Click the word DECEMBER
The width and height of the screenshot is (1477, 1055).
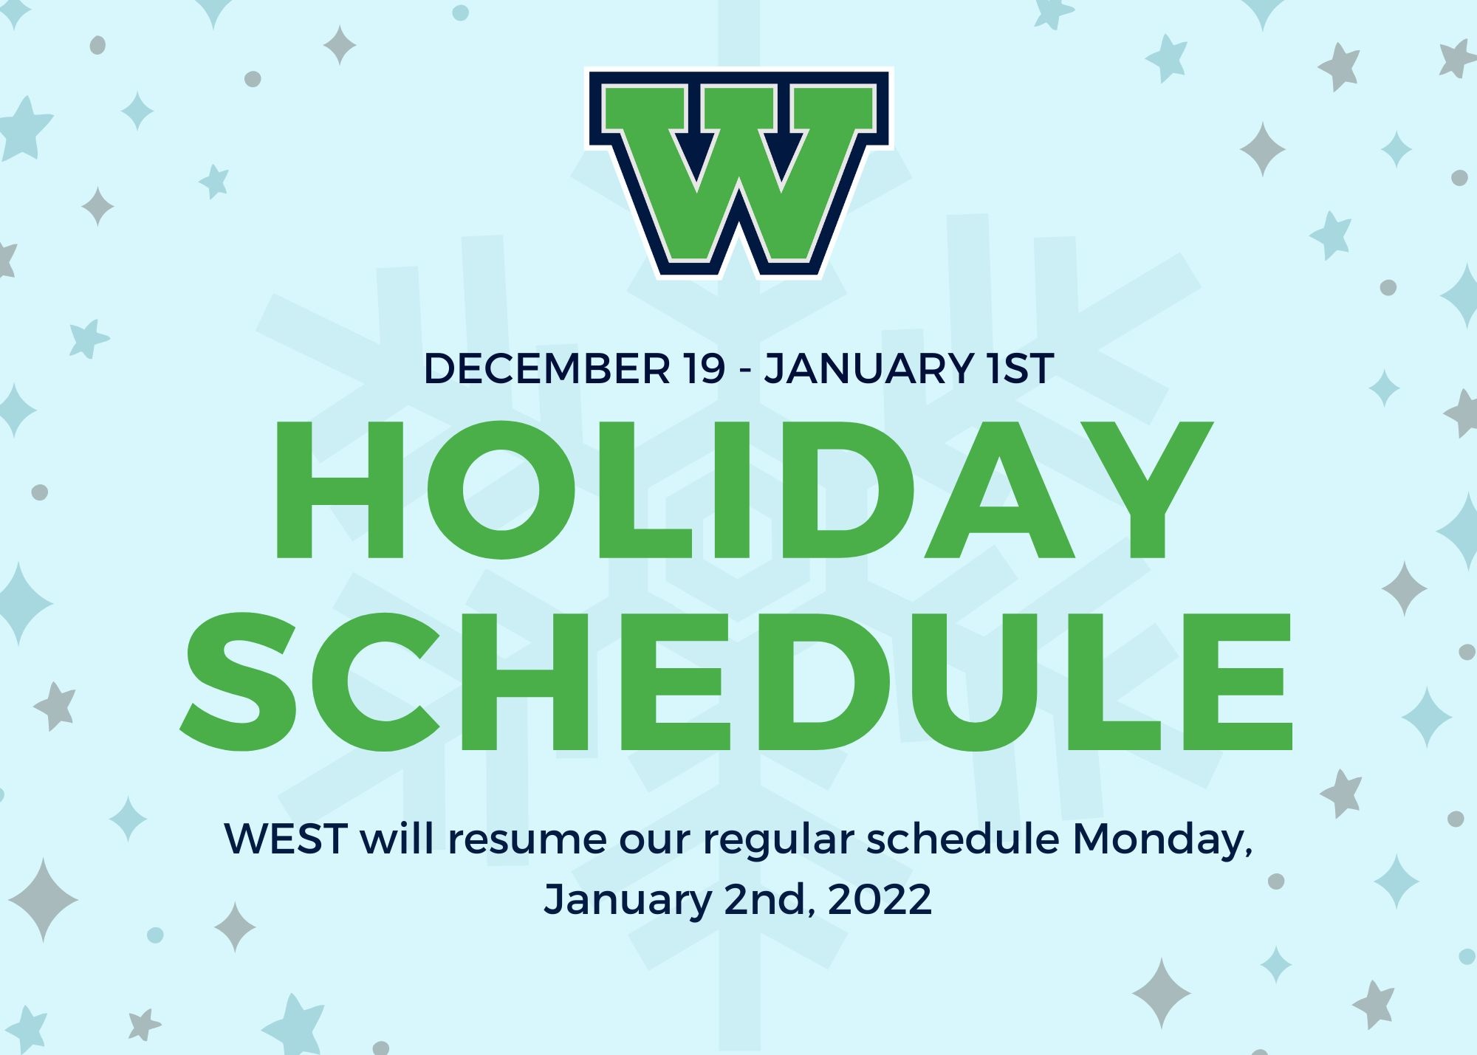pyautogui.click(x=547, y=368)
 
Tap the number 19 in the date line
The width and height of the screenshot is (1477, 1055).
pyautogui.click(x=704, y=368)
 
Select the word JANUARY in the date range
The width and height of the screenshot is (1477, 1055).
pyautogui.click(x=868, y=368)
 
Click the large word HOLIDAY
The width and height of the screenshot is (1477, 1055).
pyautogui.click(x=744, y=490)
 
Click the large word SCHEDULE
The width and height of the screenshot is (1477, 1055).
pyautogui.click(x=737, y=681)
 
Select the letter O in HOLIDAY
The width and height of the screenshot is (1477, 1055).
pyautogui.click(x=501, y=490)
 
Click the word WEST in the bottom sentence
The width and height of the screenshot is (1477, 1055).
pyautogui.click(x=286, y=839)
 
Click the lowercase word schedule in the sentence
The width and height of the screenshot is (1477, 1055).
pyautogui.click(x=963, y=839)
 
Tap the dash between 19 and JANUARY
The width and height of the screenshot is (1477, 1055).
pyautogui.click(x=745, y=371)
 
